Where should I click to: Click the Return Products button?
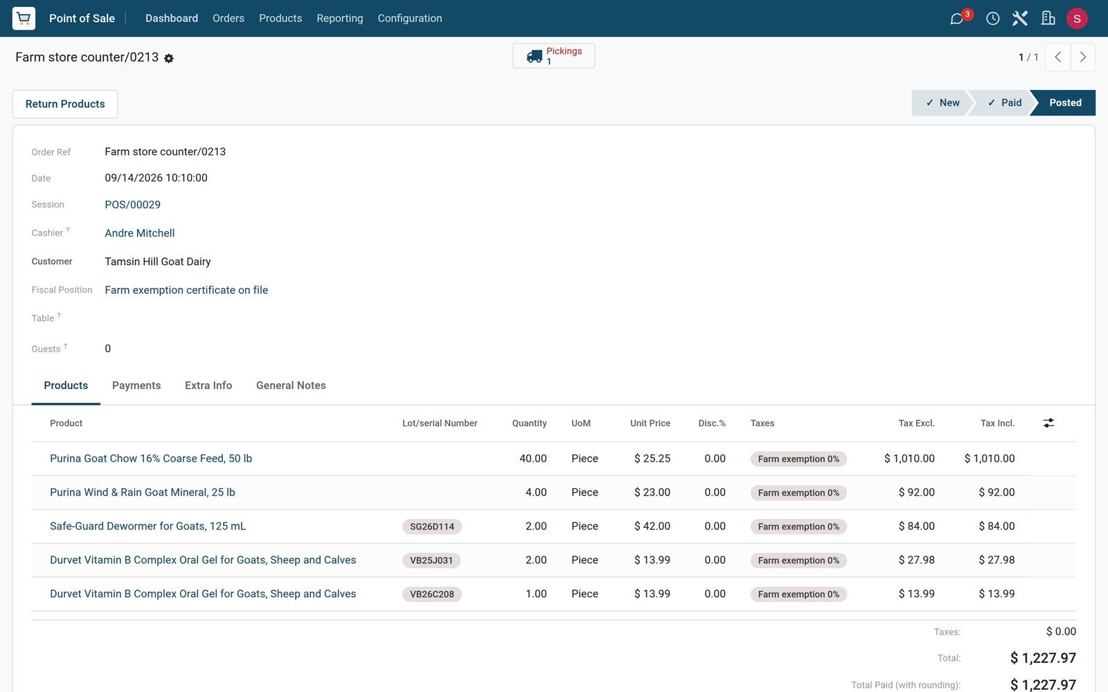click(65, 104)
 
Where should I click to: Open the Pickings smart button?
click(553, 56)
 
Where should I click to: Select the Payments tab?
click(136, 385)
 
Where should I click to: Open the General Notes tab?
click(291, 385)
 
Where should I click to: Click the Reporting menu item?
click(340, 18)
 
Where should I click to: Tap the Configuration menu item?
click(409, 18)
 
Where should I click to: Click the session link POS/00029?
click(132, 205)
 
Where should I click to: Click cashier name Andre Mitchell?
click(139, 233)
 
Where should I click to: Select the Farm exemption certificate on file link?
click(186, 290)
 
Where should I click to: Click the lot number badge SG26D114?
click(432, 527)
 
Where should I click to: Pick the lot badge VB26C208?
click(432, 594)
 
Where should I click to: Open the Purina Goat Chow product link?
click(151, 459)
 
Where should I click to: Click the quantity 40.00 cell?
click(533, 459)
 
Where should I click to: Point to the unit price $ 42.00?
click(652, 527)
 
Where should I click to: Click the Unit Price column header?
click(650, 423)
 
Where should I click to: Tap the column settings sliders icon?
click(1048, 423)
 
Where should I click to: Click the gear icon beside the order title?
click(169, 58)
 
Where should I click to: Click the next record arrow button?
click(1083, 57)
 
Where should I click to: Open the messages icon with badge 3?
click(957, 19)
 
